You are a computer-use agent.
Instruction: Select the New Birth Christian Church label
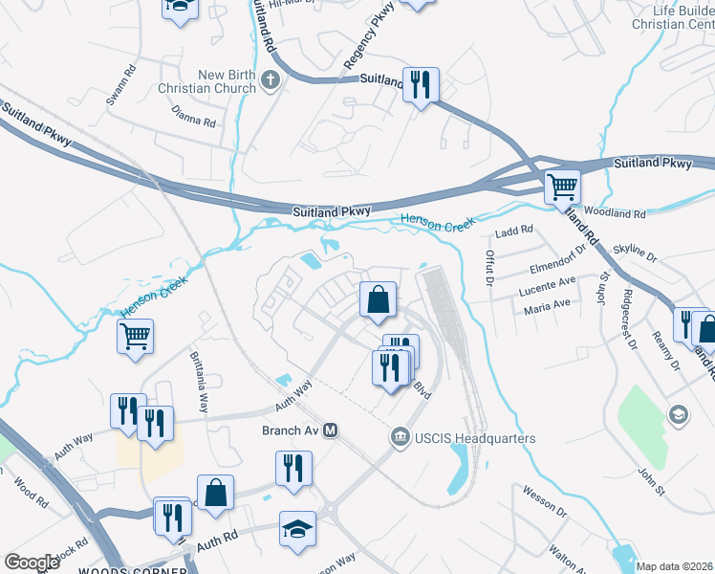pos(227,81)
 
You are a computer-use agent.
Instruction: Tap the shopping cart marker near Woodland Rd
pos(563,187)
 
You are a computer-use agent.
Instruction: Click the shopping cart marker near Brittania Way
pos(136,336)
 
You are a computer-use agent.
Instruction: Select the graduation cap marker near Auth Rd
pos(297,529)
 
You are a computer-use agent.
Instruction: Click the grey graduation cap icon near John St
pos(678,414)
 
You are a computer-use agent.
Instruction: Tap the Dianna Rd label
pos(195,122)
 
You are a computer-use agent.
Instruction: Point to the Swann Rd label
pos(120,84)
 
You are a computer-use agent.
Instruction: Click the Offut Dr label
pos(488,267)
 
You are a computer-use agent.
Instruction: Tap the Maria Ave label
pos(547,307)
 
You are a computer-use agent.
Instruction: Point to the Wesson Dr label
pos(545,501)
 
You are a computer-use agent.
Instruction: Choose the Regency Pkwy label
pos(362,43)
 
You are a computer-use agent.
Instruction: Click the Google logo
pos(32,563)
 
